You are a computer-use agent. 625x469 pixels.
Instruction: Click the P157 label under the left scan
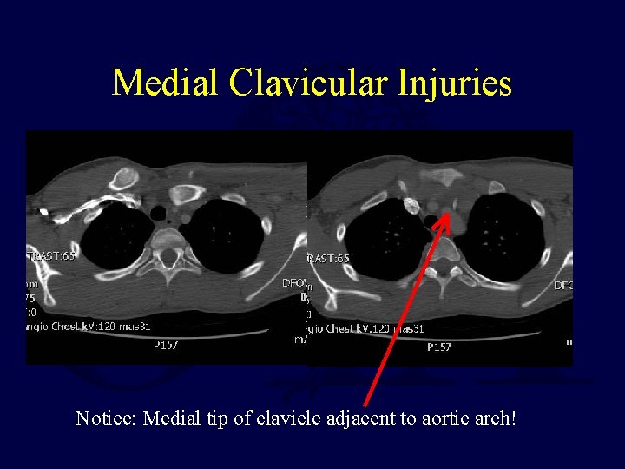click(166, 346)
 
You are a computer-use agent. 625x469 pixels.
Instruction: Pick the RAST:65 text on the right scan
click(329, 258)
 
